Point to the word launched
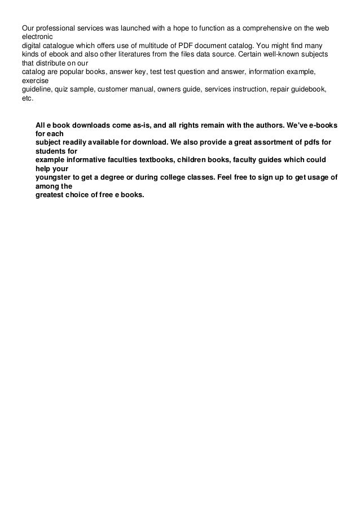[135, 28]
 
